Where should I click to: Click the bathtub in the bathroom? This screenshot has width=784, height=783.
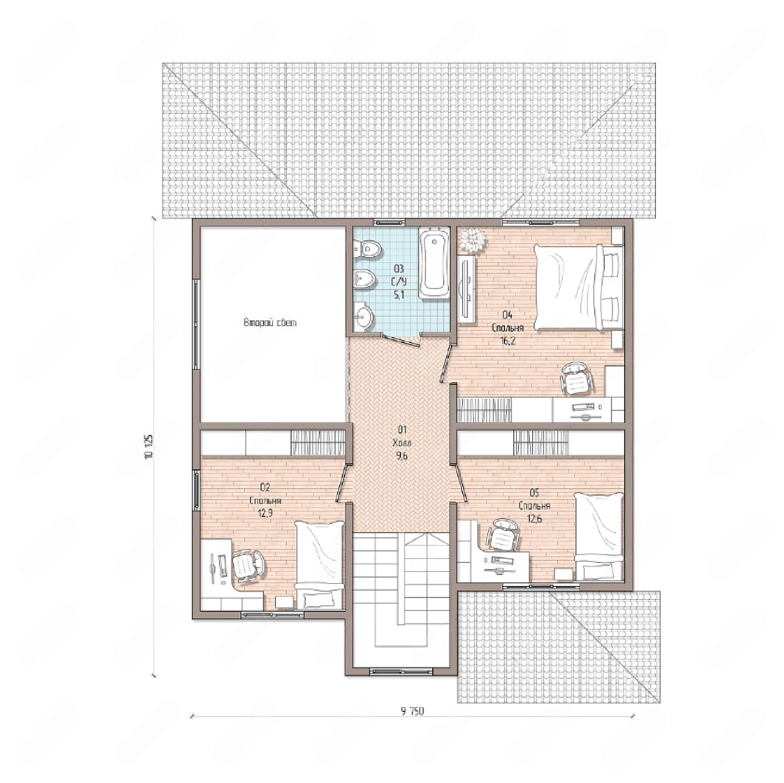434,262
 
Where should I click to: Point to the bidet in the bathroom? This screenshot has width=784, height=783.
365,279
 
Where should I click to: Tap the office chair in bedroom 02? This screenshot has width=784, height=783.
248,565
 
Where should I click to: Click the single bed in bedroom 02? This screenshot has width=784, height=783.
319,565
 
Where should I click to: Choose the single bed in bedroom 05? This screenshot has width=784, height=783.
599,536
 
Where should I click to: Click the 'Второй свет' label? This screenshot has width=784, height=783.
270,323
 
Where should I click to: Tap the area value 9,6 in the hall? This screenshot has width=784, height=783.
402,456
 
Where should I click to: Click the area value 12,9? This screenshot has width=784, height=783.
266,513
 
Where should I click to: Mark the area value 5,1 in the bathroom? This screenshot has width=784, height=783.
399,295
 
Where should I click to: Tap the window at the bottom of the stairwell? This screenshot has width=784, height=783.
401,671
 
